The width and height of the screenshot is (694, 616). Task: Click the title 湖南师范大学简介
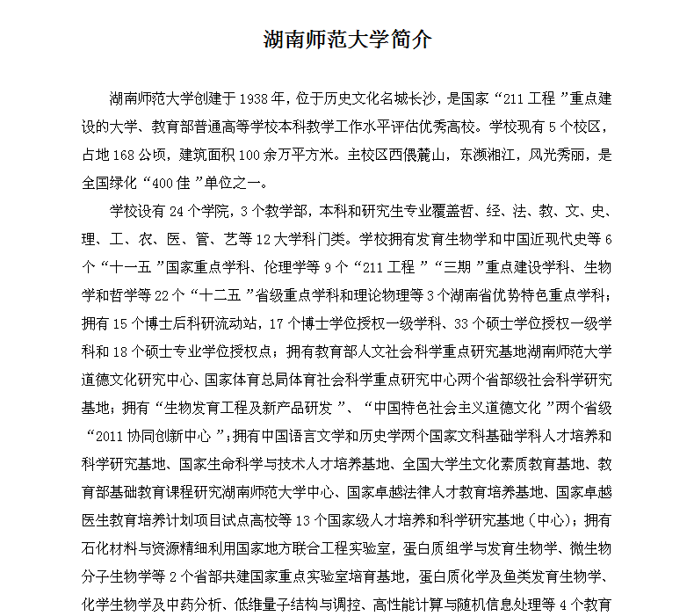[x=347, y=40]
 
